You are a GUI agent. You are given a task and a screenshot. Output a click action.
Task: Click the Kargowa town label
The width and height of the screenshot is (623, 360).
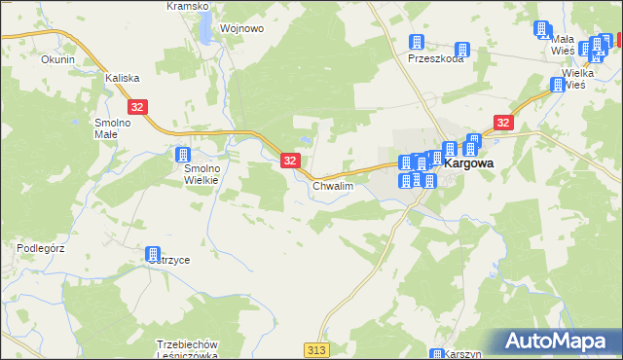pyautogui.click(x=468, y=165)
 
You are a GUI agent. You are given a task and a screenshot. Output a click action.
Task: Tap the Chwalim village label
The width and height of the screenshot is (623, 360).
pyautogui.click(x=332, y=185)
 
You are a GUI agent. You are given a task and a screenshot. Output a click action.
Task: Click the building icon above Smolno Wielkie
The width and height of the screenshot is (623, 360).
pyautogui.click(x=182, y=155)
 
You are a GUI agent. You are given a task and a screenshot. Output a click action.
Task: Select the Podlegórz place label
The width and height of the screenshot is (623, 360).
pyautogui.click(x=40, y=248)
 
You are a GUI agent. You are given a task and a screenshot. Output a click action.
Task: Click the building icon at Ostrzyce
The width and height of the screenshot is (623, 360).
pyautogui.click(x=153, y=254)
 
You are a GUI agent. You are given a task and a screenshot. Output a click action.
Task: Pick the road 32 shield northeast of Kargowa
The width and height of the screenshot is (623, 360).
pyautogui.click(x=502, y=123)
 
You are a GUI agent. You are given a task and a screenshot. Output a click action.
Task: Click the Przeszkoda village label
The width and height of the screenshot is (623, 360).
pyautogui.click(x=435, y=58)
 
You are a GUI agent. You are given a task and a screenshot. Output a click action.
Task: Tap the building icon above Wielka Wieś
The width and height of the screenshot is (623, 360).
pyautogui.click(x=558, y=84)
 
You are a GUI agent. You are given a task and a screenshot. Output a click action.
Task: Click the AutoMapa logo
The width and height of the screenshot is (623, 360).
pyautogui.click(x=560, y=342)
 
